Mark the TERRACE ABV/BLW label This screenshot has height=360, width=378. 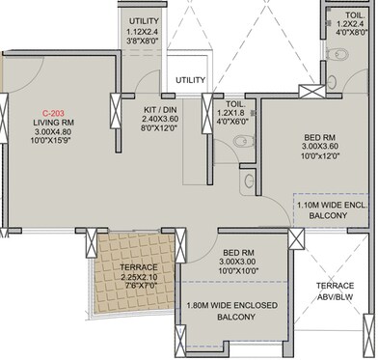click(x=342, y=292)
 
